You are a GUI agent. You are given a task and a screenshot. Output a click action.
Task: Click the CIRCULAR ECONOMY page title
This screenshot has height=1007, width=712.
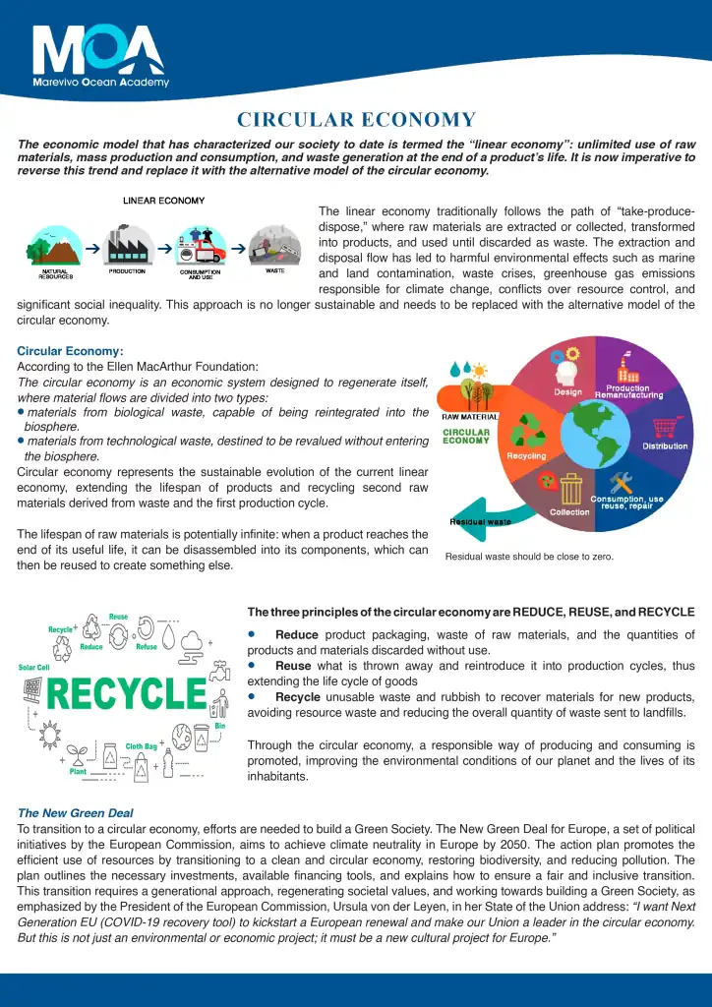click(356, 120)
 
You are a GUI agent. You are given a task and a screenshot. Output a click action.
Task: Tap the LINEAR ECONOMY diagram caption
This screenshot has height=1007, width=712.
click(163, 201)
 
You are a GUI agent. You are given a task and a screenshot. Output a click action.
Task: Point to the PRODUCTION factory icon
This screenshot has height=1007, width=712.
click(127, 245)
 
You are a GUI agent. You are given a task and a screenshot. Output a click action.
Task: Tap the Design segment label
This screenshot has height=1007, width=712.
click(567, 391)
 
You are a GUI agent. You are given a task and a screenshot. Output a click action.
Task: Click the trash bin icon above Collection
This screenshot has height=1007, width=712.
click(571, 487)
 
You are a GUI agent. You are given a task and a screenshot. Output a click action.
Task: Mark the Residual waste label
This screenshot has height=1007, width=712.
click(480, 521)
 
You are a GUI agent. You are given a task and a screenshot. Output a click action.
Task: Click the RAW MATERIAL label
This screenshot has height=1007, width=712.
click(470, 416)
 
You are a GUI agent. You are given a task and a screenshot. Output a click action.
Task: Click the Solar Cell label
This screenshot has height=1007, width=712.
click(33, 667)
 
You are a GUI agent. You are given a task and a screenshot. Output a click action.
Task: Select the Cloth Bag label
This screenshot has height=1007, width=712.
click(141, 746)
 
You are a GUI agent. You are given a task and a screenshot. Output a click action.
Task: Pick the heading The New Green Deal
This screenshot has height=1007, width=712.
click(76, 813)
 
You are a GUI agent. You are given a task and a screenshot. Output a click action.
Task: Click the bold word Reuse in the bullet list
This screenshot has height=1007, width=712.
click(293, 666)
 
